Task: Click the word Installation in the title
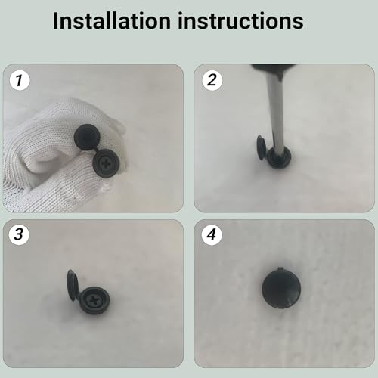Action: click(114, 20)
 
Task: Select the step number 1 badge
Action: click(17, 78)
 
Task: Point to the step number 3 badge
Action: click(17, 234)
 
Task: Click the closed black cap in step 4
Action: click(283, 290)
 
